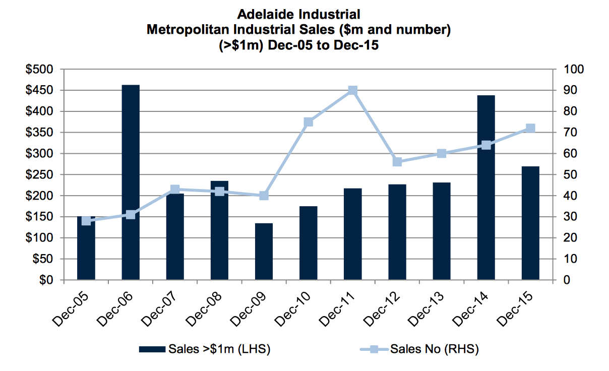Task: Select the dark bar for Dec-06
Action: point(131,182)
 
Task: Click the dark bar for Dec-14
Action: point(486,188)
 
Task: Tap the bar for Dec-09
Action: point(264,252)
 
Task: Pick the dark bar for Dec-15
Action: point(530,223)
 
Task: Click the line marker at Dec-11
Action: point(352,90)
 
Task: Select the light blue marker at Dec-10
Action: point(309,122)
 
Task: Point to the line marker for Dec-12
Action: point(397,162)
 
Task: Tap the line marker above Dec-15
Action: point(530,128)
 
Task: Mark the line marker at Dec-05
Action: point(86,221)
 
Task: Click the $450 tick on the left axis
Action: point(39,90)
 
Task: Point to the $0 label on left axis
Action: point(46,280)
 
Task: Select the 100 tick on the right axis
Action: point(573,69)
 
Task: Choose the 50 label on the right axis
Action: point(570,174)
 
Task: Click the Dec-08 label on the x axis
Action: point(204,309)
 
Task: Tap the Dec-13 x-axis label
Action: point(426,309)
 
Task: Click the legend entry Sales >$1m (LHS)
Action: point(205,349)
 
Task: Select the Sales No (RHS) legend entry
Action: point(419,349)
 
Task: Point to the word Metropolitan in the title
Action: point(188,30)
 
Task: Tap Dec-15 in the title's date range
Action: point(356,45)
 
